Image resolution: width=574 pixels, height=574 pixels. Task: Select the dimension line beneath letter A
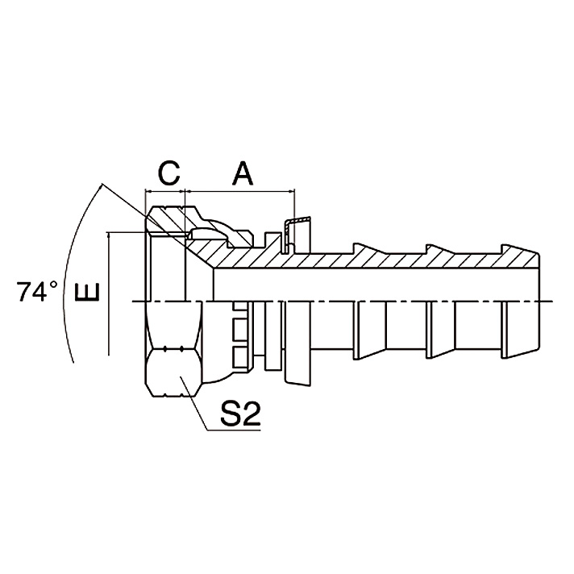coord(241,192)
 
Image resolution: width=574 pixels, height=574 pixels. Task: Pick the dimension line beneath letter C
coord(165,192)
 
